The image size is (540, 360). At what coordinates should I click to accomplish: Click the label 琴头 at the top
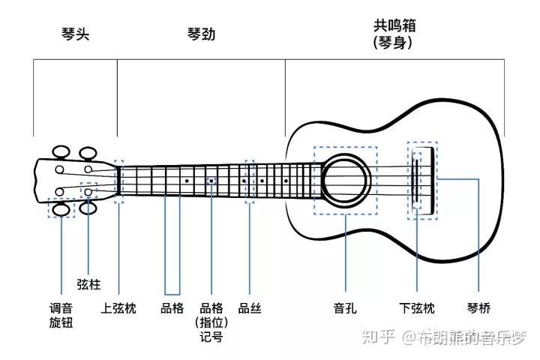[75, 34]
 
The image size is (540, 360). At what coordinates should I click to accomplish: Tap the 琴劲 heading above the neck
[201, 34]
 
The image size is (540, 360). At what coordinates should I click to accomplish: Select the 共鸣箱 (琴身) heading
[394, 34]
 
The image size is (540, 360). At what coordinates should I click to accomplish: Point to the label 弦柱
[88, 285]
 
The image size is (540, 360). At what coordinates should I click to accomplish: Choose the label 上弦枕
[118, 308]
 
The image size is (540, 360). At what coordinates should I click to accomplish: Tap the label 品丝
[250, 308]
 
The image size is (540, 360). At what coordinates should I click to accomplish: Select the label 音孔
[344, 308]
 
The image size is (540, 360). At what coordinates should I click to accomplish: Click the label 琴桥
[478, 308]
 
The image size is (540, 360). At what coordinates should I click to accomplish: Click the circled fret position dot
[211, 181]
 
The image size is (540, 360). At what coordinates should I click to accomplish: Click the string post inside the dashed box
[88, 193]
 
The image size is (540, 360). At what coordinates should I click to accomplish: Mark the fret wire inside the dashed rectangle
[250, 181]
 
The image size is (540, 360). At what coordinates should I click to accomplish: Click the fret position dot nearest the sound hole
[286, 181]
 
